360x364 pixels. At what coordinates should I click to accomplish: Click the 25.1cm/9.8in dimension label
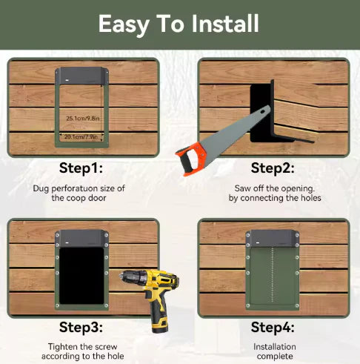(82, 118)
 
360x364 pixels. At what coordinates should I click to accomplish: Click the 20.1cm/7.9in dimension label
(82, 136)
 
